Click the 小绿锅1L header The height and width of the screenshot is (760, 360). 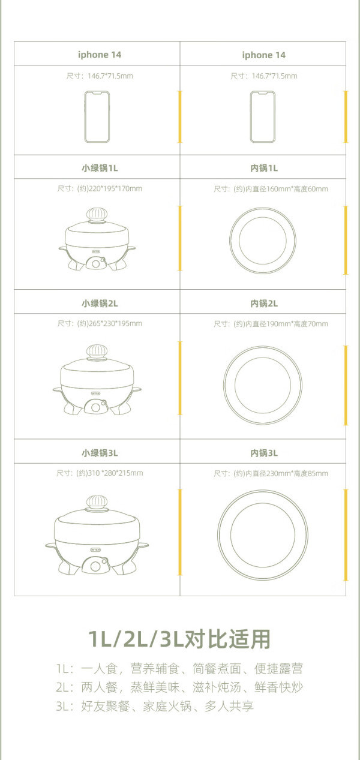[x=100, y=168]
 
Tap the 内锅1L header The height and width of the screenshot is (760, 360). [x=264, y=168]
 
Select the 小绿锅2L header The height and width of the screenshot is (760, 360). [x=100, y=304]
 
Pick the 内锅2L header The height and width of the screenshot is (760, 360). [x=264, y=304]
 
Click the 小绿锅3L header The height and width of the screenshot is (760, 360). [x=100, y=453]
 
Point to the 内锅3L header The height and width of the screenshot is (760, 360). [x=264, y=453]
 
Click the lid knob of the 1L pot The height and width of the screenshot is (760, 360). [x=97, y=214]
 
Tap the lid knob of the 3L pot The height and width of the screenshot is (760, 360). [x=97, y=503]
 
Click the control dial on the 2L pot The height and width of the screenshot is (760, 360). [x=96, y=407]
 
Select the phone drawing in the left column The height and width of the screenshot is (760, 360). [x=97, y=117]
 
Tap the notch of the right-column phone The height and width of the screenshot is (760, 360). [x=263, y=92]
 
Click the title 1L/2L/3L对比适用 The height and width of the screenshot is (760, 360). [x=179, y=639]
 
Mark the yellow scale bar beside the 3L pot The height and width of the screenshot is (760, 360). [x=180, y=532]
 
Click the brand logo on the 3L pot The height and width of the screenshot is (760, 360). [x=95, y=549]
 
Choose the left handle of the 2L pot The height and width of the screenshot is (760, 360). [x=57, y=390]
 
